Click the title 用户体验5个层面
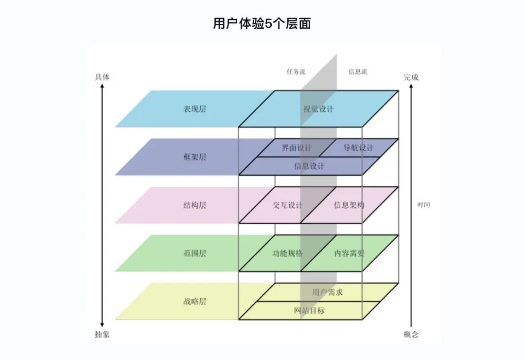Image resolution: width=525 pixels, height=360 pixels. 262,23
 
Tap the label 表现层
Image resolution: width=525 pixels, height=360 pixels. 194,109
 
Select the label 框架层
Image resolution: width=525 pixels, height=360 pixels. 194,157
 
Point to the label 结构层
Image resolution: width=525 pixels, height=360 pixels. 194,205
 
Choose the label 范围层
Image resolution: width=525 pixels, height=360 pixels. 194,253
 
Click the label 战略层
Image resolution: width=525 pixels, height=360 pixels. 194,302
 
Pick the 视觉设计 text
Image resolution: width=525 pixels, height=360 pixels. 318,109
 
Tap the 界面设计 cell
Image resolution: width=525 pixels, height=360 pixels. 297,148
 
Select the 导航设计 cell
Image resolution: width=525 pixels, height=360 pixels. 358,148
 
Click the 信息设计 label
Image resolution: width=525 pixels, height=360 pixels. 309,166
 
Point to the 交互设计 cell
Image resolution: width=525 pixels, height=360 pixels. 287,205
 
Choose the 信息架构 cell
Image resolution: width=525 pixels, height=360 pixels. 349,205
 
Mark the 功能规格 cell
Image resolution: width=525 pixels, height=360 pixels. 287,253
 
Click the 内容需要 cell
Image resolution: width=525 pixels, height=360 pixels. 349,253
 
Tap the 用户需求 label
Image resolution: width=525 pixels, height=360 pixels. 328,292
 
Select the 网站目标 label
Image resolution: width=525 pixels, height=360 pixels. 309,310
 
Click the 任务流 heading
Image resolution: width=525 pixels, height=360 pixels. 296,72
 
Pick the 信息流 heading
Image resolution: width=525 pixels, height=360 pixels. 358,72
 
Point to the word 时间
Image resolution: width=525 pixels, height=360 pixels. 423,205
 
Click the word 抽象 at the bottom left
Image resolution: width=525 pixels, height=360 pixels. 102,334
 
